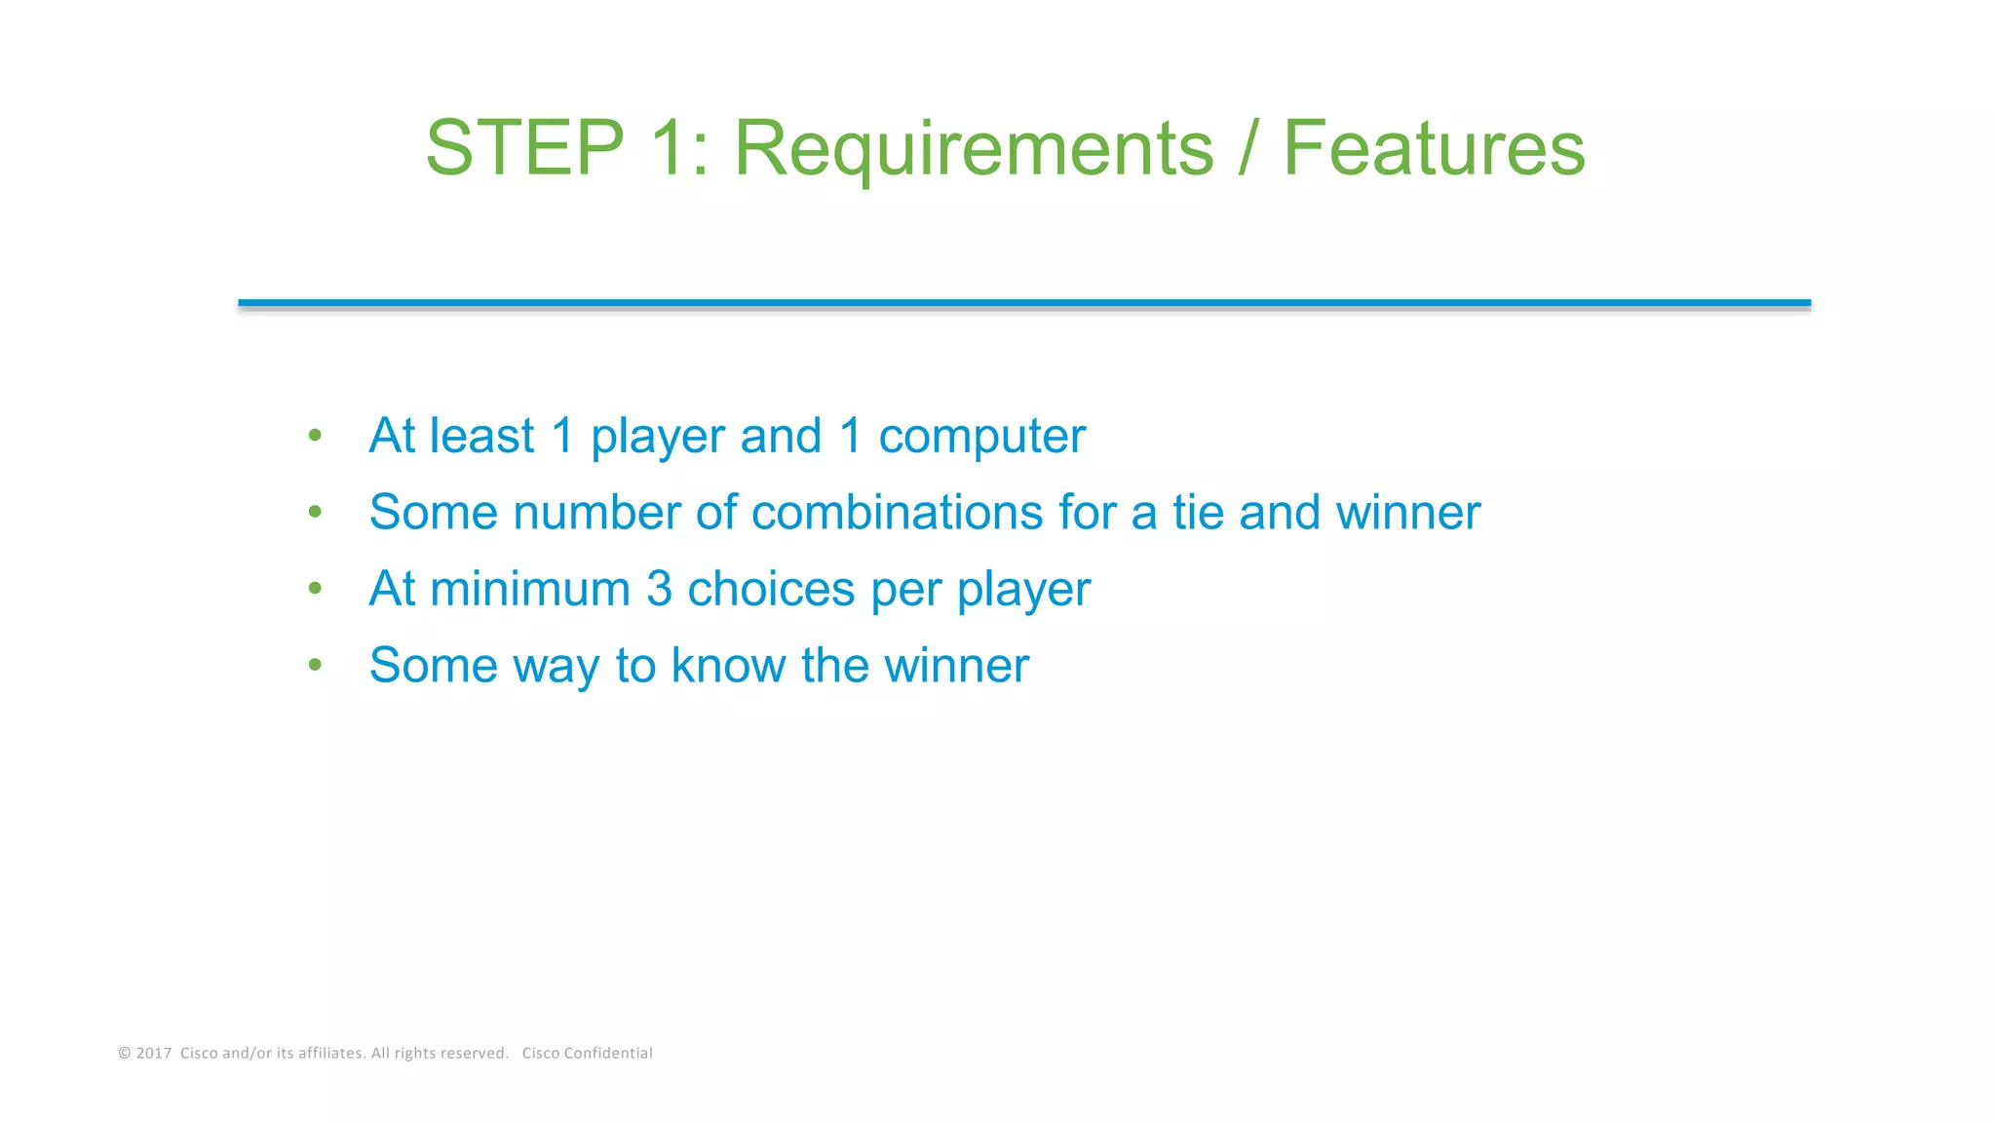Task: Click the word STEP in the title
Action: tap(524, 148)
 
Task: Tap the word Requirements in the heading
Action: tap(974, 148)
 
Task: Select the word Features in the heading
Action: tap(1434, 148)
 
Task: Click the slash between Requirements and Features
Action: tap(1247, 148)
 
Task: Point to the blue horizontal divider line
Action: tap(1023, 303)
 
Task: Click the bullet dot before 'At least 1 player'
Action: tap(315, 435)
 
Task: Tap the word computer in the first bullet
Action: tap(981, 436)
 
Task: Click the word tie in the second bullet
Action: tap(1197, 512)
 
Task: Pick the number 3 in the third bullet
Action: tap(659, 589)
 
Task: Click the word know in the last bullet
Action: tap(728, 666)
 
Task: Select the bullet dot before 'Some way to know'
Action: tap(315, 666)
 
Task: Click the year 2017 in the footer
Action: tap(154, 1053)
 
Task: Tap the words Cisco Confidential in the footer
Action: tap(587, 1053)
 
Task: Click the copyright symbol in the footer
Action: tap(124, 1053)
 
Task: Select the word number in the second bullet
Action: tap(596, 512)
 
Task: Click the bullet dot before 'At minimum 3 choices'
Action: tap(315, 588)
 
